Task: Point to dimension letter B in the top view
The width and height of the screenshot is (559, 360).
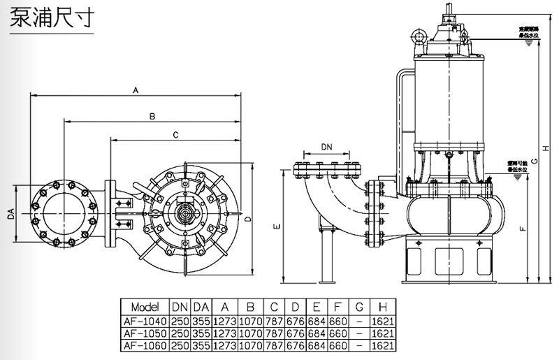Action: click(x=152, y=115)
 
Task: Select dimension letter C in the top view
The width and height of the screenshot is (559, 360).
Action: click(x=176, y=134)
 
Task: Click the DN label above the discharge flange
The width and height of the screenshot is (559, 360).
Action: click(x=327, y=147)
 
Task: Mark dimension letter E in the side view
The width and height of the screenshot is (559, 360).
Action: click(x=277, y=226)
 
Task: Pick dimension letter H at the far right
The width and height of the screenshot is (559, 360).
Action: click(x=547, y=147)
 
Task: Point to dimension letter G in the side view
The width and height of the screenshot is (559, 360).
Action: click(x=533, y=161)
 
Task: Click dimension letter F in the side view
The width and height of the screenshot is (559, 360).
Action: click(x=524, y=228)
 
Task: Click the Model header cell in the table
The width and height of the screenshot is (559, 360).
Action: click(x=145, y=307)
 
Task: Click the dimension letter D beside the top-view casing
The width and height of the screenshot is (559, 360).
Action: click(x=249, y=218)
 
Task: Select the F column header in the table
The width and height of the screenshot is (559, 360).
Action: click(x=336, y=307)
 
